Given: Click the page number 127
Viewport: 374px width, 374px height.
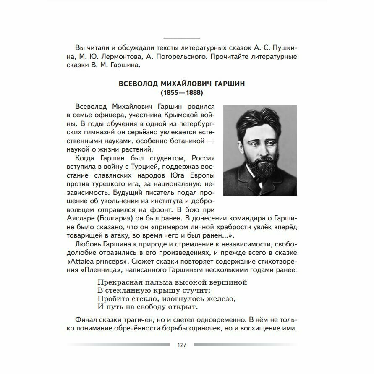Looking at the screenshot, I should pos(182,345).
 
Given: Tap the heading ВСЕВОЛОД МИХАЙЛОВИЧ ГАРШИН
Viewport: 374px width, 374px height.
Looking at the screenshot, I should pos(182,84).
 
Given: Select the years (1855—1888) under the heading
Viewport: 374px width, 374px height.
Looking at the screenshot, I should pos(182,92).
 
